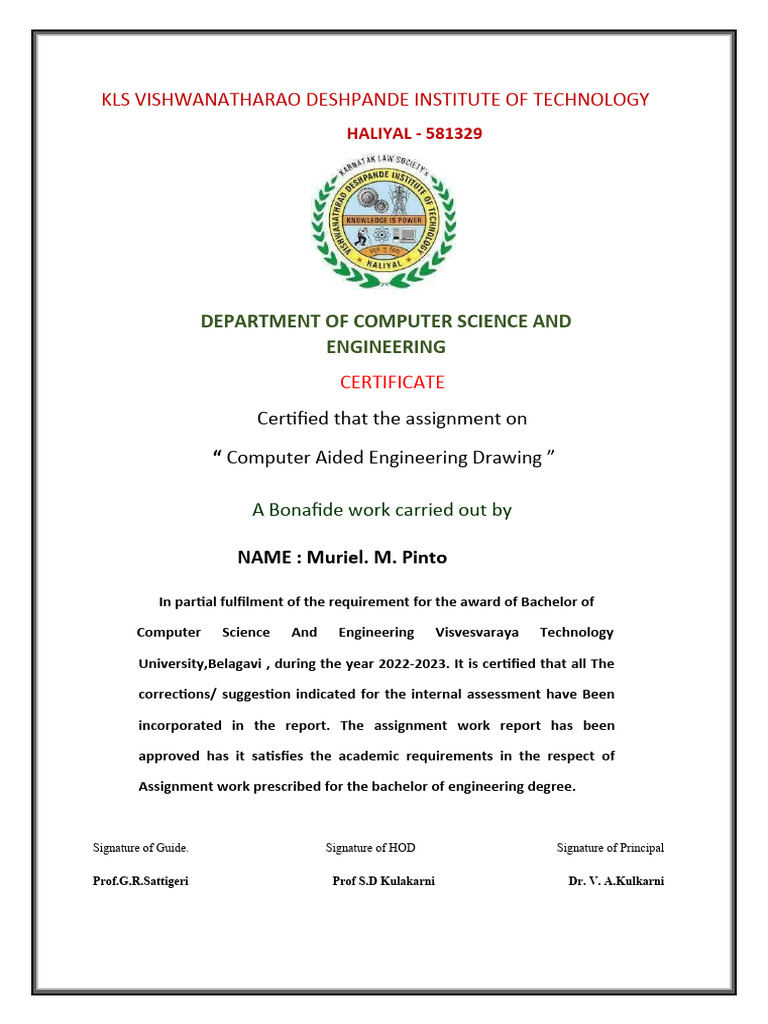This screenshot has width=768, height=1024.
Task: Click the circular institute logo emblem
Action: point(383,223)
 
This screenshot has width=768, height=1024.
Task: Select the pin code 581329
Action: point(450,133)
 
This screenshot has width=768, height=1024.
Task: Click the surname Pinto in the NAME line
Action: point(424,557)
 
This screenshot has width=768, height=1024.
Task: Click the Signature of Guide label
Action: point(141,848)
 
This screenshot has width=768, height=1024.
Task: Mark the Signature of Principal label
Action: point(610,848)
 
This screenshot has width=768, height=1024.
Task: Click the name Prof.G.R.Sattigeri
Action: point(140,881)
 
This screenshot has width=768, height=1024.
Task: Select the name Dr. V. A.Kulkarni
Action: point(616,881)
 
